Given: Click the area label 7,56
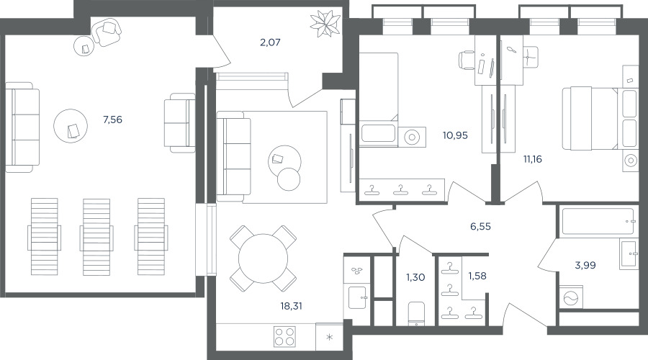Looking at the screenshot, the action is coord(112,120).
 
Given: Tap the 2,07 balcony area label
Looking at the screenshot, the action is coord(270,42).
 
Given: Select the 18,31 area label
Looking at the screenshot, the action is coord(292,306).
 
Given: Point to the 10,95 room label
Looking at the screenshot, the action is coord(455,135).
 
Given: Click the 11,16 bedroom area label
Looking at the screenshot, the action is coord(532,158).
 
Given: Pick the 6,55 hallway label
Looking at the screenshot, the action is coord(480,227).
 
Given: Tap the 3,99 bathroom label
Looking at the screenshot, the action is coord(585,265).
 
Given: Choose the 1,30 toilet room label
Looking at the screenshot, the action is coord(415,277).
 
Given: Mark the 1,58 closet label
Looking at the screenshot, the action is coord(477,276).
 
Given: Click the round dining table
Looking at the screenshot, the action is coord(263,258).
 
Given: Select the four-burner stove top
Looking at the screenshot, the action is coord(284,336).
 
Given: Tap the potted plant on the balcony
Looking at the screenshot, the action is coord(325,23).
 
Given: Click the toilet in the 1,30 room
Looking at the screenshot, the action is coord(416,313).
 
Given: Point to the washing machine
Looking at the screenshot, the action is coord(570,297).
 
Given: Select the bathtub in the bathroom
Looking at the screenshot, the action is coord(597,222).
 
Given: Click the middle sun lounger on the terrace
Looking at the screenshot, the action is coord(96,237).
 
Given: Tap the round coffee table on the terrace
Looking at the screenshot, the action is coord(71,126).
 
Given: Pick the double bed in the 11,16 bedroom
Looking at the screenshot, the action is coord(599,118).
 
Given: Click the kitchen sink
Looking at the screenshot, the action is coord(357,297).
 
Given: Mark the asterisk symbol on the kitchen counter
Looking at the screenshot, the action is coord(330,337).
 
